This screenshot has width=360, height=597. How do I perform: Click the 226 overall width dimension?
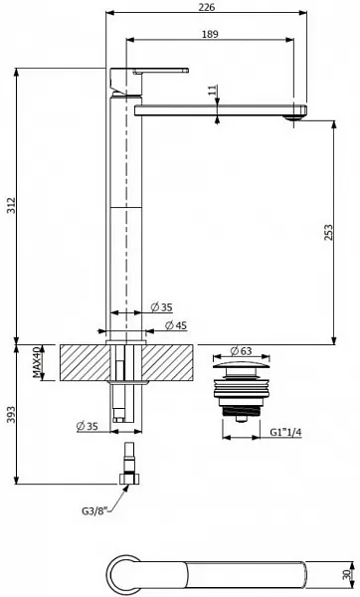(207, 7)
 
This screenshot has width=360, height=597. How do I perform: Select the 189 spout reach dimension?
(210, 34)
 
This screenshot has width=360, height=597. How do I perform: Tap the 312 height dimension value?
(10, 205)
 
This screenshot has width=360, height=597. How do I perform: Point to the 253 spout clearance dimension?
(328, 232)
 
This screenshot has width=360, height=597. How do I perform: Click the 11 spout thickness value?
(213, 90)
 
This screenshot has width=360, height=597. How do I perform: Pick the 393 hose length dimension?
(10, 414)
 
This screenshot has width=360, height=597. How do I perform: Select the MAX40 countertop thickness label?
(36, 362)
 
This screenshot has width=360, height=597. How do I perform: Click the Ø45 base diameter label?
(176, 325)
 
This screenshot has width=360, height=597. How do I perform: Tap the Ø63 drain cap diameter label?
(241, 350)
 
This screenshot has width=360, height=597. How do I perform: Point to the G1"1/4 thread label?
(285, 432)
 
